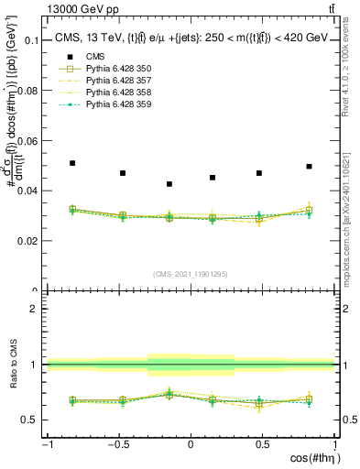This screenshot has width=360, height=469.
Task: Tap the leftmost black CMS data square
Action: click(72, 163)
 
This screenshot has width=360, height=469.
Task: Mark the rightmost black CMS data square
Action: click(310, 167)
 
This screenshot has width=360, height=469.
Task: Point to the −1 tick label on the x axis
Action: click(46, 444)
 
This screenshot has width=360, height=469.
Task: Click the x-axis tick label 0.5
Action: click(262, 444)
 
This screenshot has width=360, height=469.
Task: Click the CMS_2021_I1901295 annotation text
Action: click(190, 275)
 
